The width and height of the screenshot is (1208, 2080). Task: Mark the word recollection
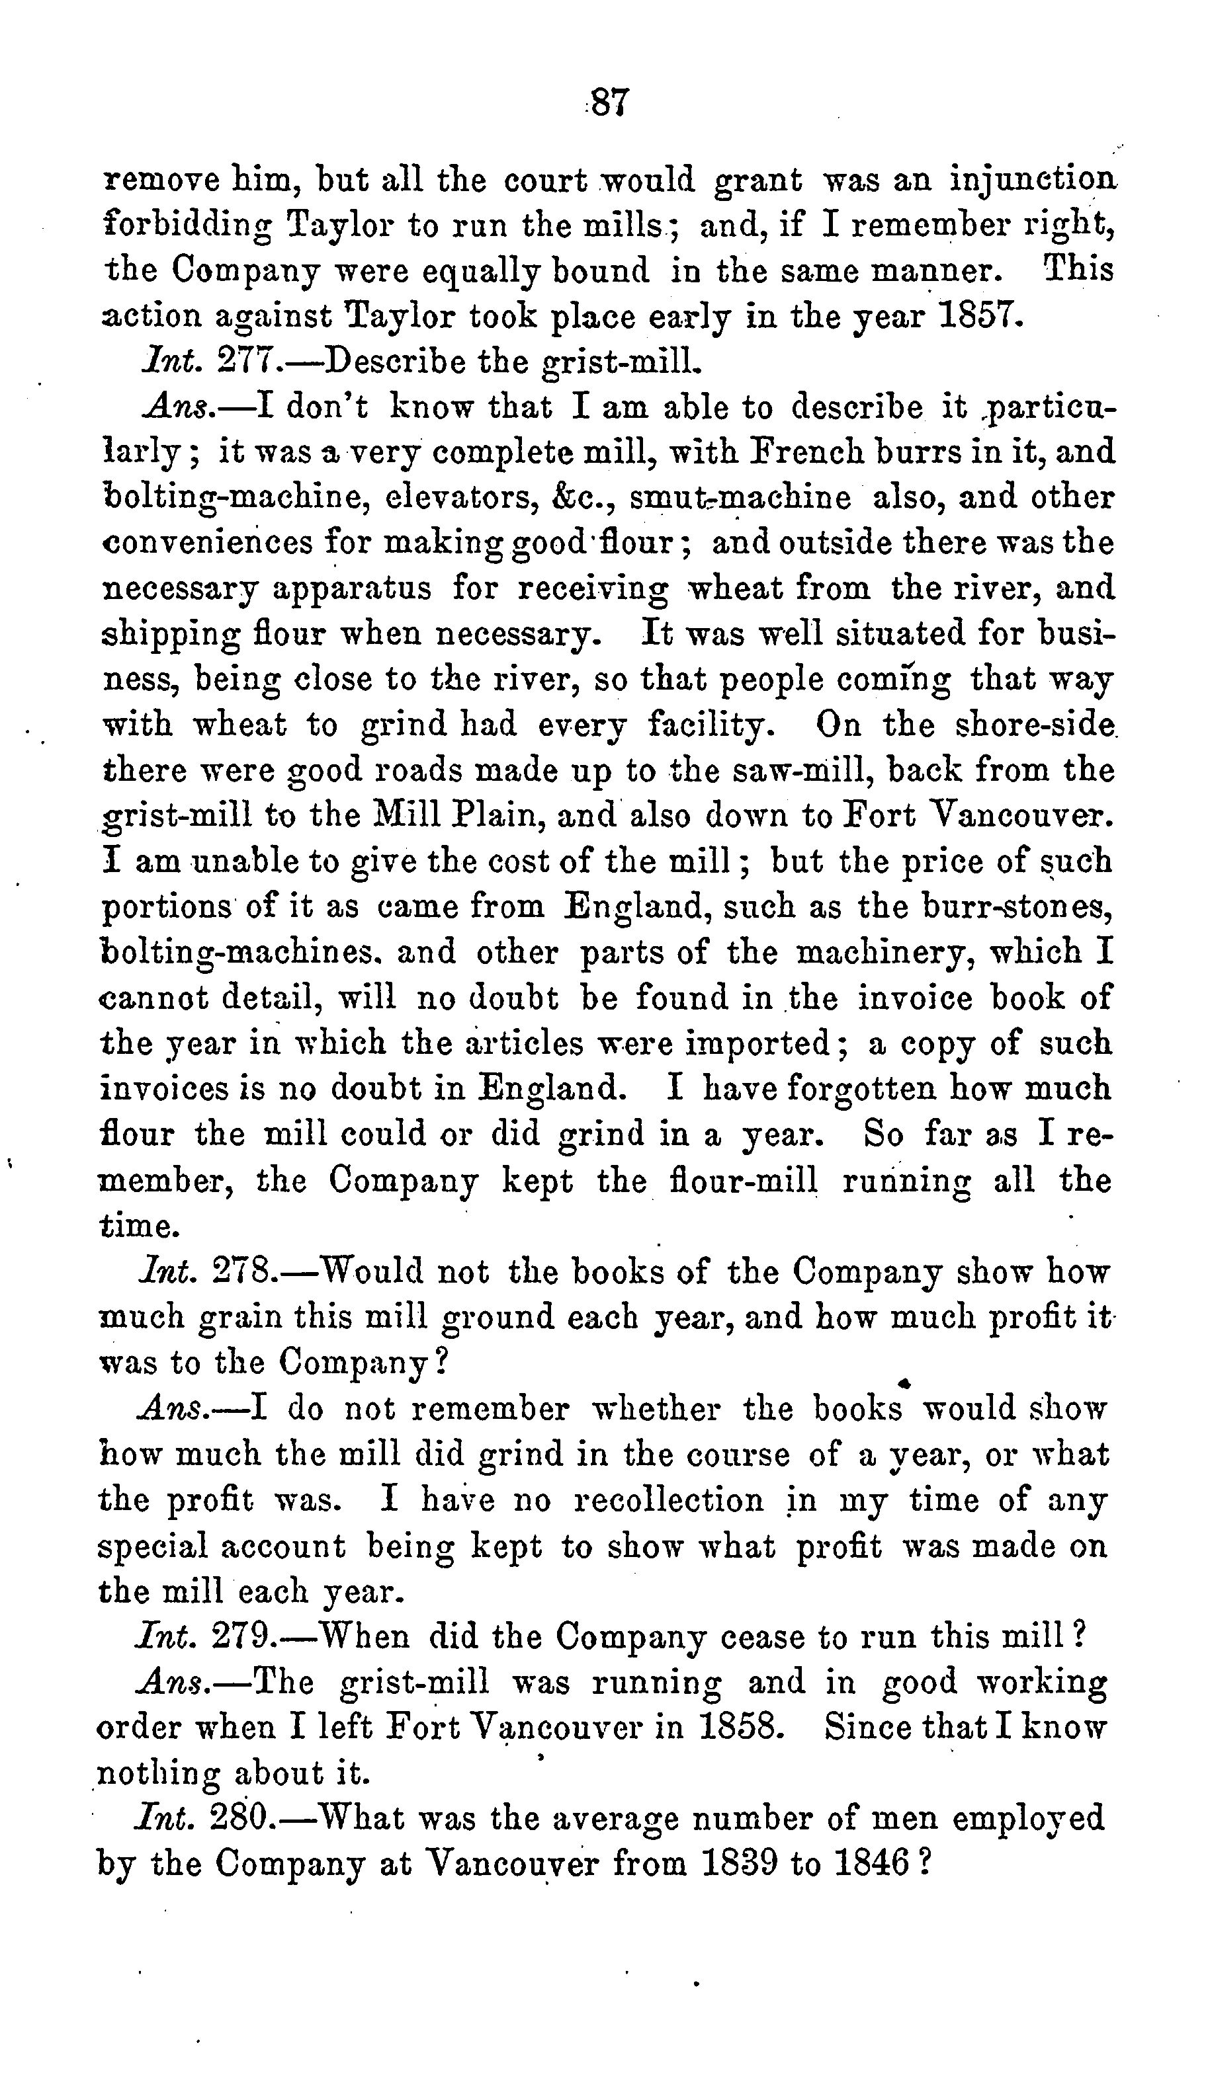[669, 1499]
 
